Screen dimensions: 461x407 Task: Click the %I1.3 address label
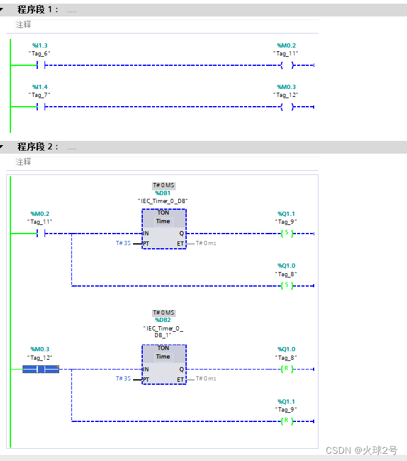pos(40,46)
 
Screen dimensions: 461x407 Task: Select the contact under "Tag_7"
pos(41,107)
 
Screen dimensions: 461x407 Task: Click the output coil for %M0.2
pos(287,65)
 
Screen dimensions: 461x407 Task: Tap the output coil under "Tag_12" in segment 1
pos(287,107)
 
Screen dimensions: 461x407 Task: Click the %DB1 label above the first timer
pos(163,193)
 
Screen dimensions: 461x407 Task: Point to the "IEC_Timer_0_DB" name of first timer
pos(163,201)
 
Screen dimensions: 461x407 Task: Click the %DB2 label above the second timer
pos(163,320)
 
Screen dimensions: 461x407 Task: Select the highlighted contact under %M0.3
pos(41,369)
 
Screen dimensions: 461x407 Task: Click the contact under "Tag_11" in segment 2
pos(41,234)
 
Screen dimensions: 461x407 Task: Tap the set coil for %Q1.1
pos(287,234)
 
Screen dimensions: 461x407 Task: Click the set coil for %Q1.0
pos(287,285)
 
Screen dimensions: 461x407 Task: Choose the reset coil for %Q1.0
pos(287,369)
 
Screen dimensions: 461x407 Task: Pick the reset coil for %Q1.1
pos(287,421)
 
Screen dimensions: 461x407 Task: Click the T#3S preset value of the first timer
pos(123,243)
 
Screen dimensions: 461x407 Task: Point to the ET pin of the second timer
pos(180,379)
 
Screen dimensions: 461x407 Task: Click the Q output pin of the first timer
pos(181,234)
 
